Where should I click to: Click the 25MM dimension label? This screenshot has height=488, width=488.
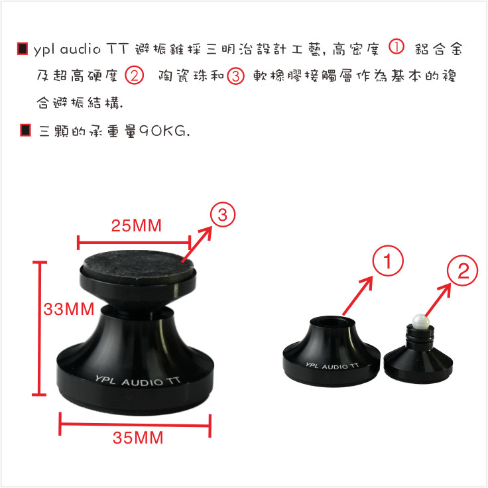(137, 225)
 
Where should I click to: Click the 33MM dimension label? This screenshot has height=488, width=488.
(69, 310)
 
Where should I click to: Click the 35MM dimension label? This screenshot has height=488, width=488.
(138, 438)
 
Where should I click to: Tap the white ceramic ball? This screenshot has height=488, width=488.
(420, 322)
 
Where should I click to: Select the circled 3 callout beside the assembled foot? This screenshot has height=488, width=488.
(223, 215)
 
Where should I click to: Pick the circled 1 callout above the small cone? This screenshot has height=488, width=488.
(388, 261)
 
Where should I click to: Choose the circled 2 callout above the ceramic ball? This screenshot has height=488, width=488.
(462, 271)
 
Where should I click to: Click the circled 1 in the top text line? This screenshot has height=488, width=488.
(396, 47)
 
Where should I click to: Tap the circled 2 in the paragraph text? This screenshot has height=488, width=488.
(134, 76)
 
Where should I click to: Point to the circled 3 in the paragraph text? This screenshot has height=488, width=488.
(235, 76)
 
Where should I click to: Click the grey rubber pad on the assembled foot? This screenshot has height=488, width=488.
(139, 264)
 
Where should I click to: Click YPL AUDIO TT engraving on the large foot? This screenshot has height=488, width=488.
(137, 381)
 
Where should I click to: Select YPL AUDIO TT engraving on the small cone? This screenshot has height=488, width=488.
(332, 365)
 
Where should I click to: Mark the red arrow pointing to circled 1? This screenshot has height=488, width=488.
(357, 296)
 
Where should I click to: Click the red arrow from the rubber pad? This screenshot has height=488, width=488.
(197, 244)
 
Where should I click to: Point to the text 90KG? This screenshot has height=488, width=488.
(164, 131)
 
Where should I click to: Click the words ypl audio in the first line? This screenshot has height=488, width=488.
(67, 50)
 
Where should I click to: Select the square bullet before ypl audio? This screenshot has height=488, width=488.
(23, 49)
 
